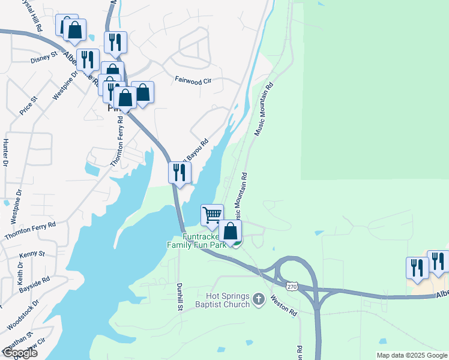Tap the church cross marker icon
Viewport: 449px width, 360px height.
tap(259, 299)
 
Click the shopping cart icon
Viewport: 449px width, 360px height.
tap(211, 215)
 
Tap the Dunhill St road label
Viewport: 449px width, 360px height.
tap(179, 296)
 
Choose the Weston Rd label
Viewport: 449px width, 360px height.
tap(283, 304)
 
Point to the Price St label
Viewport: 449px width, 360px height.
tap(28, 104)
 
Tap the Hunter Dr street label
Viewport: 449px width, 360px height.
tap(5, 152)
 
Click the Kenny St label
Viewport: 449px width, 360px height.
tap(32, 254)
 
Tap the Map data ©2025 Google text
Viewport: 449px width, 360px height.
tap(412, 355)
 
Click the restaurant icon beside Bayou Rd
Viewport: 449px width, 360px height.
tap(179, 173)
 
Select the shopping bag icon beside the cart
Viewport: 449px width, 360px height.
tap(230, 230)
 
